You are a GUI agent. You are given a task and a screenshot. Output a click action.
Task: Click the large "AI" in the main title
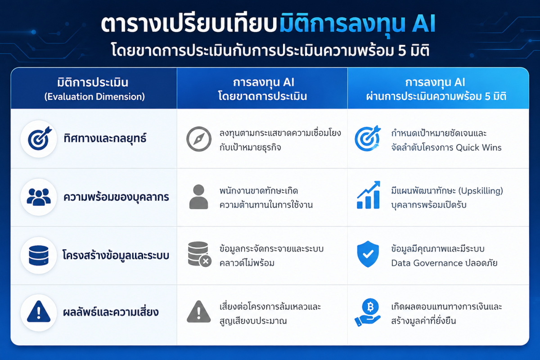click(423, 24)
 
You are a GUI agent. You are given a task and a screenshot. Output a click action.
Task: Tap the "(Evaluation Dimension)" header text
click(94, 97)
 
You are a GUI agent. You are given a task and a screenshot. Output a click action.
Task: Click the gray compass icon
click(199, 139)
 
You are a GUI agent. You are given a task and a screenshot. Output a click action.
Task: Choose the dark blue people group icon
click(39, 197)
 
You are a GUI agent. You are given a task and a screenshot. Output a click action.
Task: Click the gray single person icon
click(198, 197)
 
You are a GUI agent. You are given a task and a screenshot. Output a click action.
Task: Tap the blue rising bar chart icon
click(369, 195)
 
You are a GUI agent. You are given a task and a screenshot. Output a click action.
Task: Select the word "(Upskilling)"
click(481, 191)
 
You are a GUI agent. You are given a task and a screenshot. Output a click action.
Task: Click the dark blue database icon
click(39, 255)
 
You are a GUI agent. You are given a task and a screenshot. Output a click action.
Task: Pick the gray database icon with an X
click(199, 254)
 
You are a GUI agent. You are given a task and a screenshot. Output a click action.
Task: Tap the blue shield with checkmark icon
click(368, 254)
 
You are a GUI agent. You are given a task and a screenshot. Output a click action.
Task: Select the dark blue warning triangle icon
click(39, 311)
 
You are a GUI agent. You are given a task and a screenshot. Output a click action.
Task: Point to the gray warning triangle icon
click(198, 311)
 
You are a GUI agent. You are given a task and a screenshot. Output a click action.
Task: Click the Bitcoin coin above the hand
click(370, 306)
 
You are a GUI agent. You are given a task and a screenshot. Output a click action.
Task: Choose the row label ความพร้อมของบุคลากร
click(116, 197)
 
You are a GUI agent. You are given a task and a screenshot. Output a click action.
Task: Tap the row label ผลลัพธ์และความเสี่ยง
click(111, 312)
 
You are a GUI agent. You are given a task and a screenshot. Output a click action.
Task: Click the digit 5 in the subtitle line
click(402, 51)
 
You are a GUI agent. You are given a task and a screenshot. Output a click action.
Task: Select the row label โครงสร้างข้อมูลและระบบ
click(116, 255)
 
